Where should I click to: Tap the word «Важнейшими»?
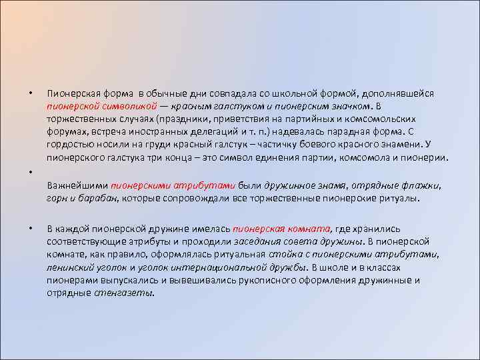[x=77, y=185]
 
